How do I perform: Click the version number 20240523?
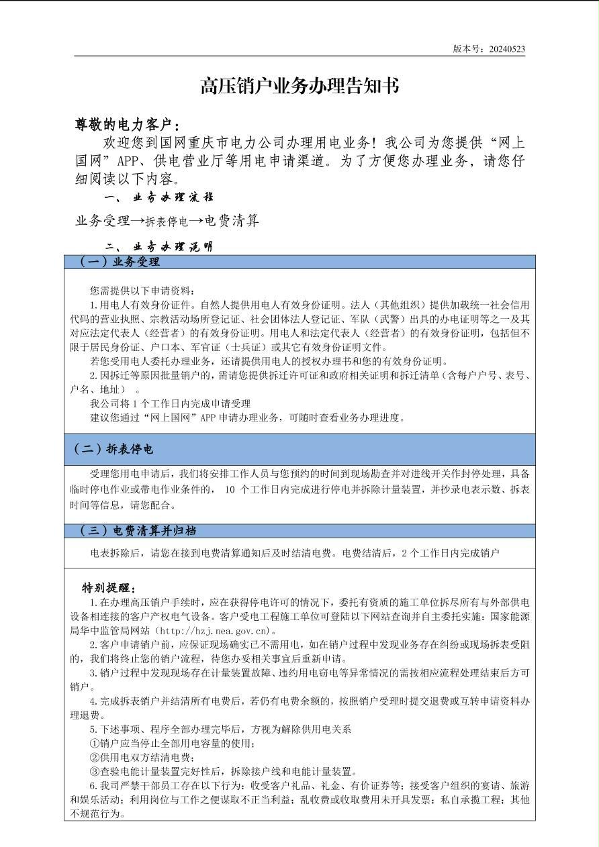click(507, 49)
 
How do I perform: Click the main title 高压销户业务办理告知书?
click(299, 86)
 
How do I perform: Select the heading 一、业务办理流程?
click(159, 197)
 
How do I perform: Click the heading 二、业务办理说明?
click(159, 246)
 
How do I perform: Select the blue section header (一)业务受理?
click(120, 262)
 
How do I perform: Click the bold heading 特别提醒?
click(109, 589)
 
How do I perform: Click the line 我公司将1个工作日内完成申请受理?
click(170, 403)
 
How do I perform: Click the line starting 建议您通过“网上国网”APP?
click(247, 417)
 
